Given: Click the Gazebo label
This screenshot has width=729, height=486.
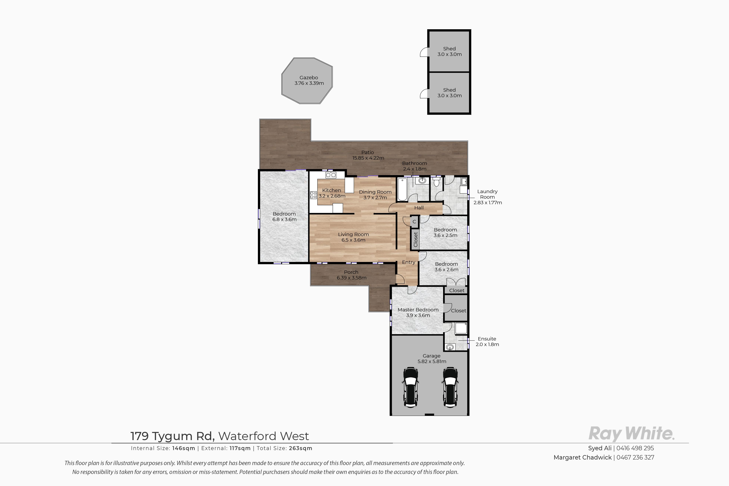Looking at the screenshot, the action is pos(309,78).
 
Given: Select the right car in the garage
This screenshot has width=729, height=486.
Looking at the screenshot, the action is pos(450,387).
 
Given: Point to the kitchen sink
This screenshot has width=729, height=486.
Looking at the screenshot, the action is pos(331,175).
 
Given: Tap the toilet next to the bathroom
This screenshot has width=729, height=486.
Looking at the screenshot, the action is pos(436,181).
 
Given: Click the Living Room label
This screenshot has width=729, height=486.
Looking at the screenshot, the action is pos(354,234).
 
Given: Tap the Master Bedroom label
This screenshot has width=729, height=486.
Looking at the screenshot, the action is pos(418,310).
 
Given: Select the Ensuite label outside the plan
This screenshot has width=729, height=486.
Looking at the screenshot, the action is pos(487,339).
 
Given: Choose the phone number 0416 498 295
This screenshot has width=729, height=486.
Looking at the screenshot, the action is pos(635,448).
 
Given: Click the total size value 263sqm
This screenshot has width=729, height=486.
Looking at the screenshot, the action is pos(300,448).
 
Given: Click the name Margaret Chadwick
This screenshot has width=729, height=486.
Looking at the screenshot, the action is pos(583,457).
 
